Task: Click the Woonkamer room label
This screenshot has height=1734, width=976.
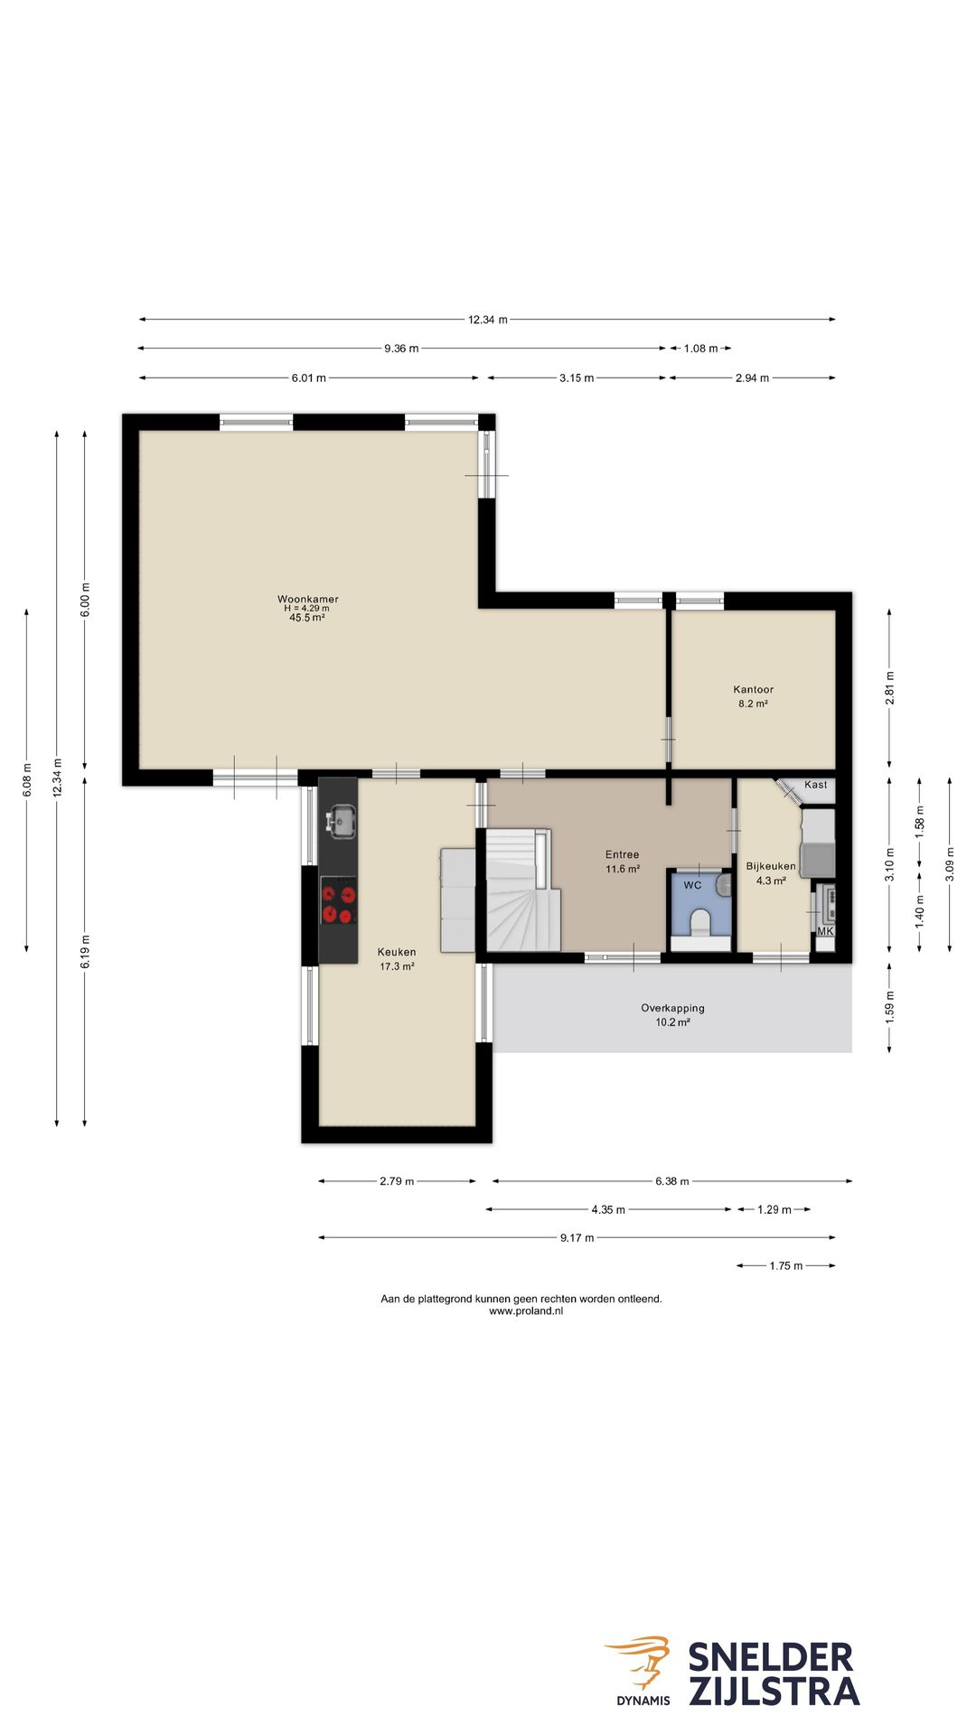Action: pos(307,599)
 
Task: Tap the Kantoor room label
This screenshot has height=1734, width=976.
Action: pos(753,689)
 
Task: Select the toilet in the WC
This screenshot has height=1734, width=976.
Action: pos(700,924)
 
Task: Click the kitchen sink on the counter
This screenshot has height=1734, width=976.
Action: pos(342,821)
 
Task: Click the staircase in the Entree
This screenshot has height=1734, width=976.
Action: pos(523,890)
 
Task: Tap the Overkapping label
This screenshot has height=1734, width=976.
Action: pos(672,1008)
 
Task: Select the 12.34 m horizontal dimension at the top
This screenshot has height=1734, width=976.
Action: pos(487,319)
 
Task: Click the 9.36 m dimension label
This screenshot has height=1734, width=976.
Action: pos(401,348)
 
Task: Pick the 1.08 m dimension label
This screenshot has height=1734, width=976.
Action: pos(700,348)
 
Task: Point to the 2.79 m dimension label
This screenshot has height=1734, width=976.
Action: pos(397,1180)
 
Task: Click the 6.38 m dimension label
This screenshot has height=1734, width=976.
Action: pos(671,1180)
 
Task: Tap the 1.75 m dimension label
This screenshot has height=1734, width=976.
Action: pos(785,1265)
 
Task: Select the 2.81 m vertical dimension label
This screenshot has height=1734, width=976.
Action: pos(889,688)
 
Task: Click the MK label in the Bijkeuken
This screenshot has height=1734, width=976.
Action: pos(825,931)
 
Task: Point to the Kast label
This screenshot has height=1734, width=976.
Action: pos(815,785)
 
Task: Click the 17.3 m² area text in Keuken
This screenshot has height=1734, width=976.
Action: pos(397,966)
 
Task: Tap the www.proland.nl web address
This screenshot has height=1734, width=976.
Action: pos(525,1310)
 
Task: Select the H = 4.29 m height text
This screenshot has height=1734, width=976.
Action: pos(306,609)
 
